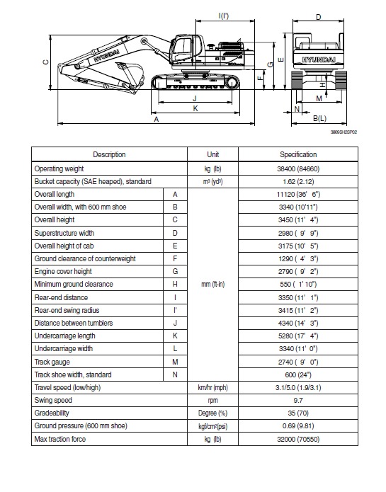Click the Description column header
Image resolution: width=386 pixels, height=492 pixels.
(x=108, y=154)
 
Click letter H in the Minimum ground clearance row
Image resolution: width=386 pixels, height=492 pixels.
(x=174, y=284)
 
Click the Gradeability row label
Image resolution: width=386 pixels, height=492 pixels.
(x=53, y=413)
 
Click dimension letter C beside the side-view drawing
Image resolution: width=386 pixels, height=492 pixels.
(x=44, y=62)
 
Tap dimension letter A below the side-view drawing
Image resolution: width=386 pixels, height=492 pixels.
(x=156, y=120)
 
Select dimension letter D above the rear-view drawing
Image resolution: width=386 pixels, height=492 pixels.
(x=318, y=16)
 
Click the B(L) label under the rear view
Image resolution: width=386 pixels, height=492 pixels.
(x=319, y=118)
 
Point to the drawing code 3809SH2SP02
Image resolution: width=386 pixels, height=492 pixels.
(x=344, y=131)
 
